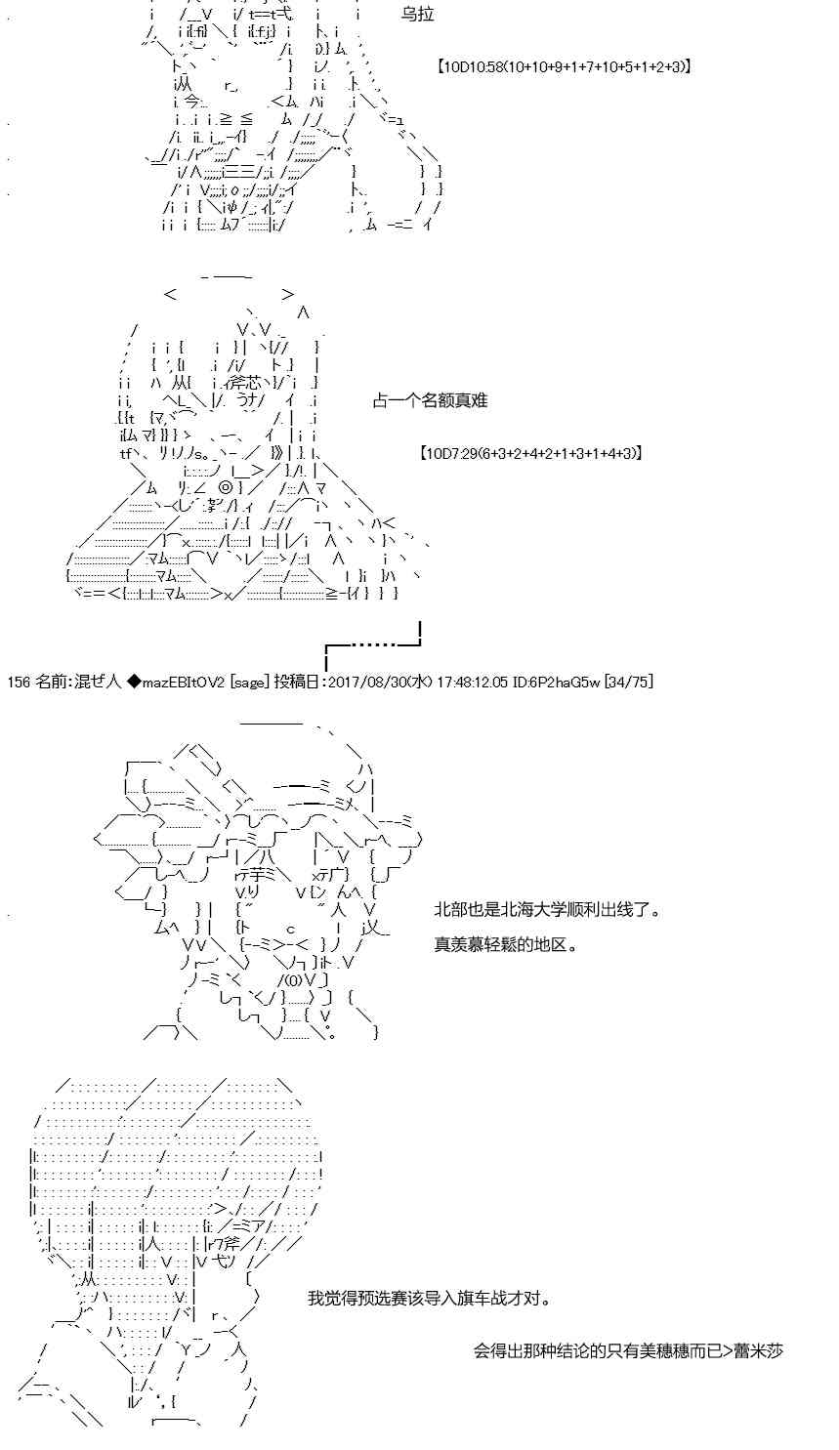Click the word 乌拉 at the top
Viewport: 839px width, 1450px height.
[x=417, y=15]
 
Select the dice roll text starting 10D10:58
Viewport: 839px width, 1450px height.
[x=564, y=66]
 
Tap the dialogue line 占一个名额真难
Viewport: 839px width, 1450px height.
[x=430, y=400]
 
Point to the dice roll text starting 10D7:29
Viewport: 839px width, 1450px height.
[x=531, y=453]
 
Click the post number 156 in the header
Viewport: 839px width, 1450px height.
[x=19, y=682]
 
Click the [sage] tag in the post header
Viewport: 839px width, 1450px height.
[x=249, y=682]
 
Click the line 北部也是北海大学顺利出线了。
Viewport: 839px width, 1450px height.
[x=548, y=910]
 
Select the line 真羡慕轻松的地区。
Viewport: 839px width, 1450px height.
[x=506, y=944]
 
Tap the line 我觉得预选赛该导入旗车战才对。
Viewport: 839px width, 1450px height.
[x=430, y=1298]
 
